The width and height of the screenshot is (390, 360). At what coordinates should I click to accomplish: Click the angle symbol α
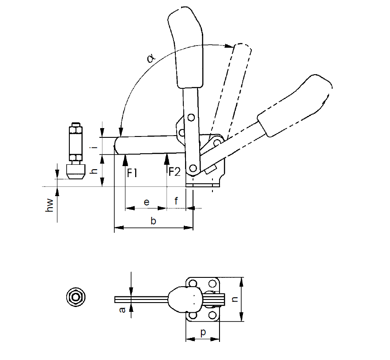pos(151,58)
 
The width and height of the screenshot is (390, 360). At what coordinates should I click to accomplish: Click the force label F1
pos(132,173)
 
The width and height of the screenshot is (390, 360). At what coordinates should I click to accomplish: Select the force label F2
pos(174,171)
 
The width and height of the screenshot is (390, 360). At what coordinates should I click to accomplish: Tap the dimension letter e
pos(147,202)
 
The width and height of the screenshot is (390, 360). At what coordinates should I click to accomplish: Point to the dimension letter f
pos(176,201)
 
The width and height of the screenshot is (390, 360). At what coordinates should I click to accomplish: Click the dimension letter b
pos(153,220)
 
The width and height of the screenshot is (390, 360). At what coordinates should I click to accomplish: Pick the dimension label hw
pos(49,205)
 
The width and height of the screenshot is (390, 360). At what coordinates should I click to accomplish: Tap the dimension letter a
pos(122,310)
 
